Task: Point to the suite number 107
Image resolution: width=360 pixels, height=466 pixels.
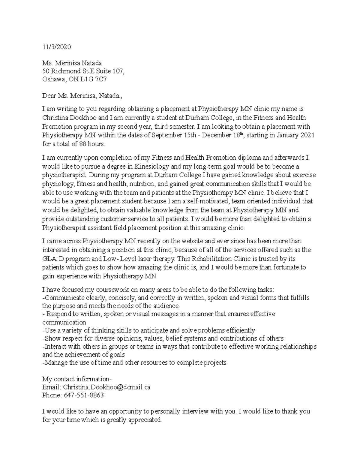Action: [117, 71]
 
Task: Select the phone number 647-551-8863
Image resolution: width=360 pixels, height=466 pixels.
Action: [84, 395]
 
